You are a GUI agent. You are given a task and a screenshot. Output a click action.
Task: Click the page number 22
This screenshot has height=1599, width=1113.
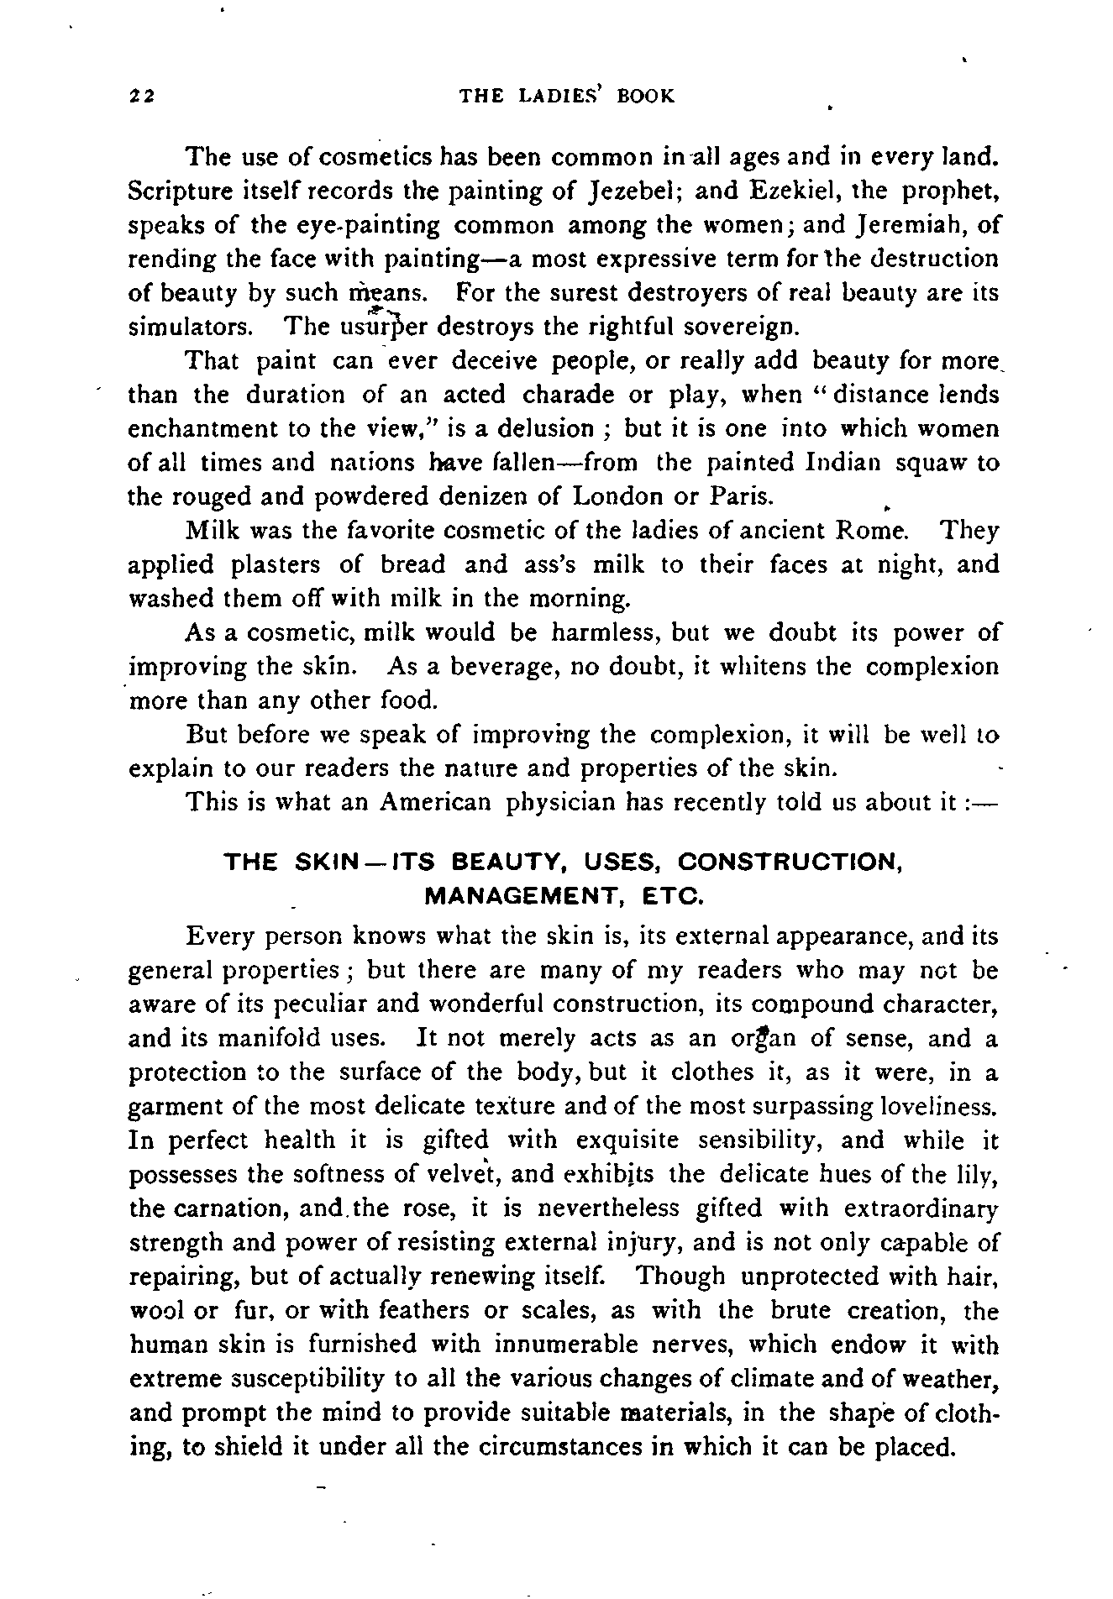(140, 96)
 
